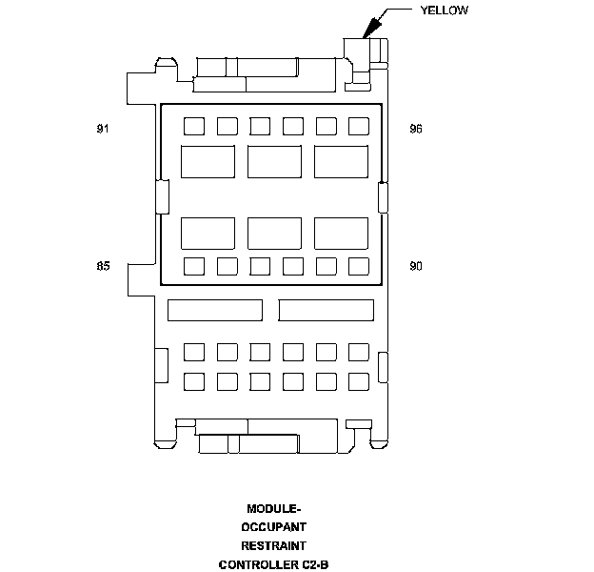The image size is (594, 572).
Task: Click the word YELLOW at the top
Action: click(444, 10)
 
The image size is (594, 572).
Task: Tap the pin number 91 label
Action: click(103, 129)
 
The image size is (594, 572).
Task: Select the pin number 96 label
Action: click(415, 129)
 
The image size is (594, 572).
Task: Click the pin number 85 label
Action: click(103, 266)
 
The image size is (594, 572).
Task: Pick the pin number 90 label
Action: click(415, 266)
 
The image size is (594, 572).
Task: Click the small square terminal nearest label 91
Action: click(193, 126)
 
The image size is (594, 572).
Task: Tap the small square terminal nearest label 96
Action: click(359, 126)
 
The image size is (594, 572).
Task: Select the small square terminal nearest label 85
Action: click(193, 266)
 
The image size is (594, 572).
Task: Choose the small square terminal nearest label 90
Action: click(359, 266)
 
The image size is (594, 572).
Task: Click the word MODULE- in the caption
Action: click(273, 508)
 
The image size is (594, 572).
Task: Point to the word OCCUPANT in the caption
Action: click(273, 526)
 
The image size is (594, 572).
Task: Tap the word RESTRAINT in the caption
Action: click(273, 545)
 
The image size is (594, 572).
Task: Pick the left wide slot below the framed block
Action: click(214, 310)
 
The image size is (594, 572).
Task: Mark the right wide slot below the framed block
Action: click(327, 310)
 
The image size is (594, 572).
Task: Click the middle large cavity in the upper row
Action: click(274, 160)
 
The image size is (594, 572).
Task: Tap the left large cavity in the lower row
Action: click(208, 233)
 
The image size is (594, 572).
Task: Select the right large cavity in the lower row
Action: click(341, 233)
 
